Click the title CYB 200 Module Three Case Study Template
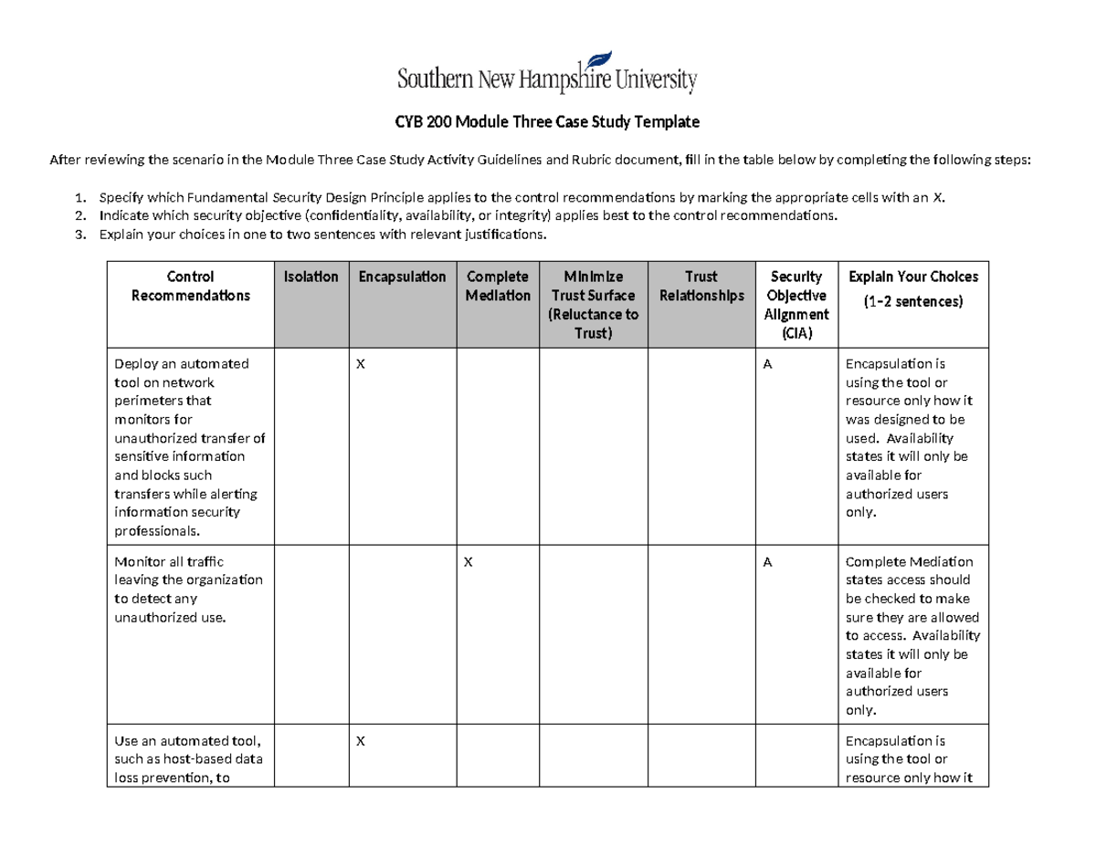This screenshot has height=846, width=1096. tap(547, 121)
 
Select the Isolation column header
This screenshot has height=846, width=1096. tap(311, 277)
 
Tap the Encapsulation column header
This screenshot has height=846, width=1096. tap(402, 277)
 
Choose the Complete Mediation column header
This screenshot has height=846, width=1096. tap(498, 286)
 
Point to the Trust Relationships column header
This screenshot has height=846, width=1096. tap(701, 286)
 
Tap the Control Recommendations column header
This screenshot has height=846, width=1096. tap(191, 286)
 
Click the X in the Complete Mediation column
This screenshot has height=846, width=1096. tap(469, 562)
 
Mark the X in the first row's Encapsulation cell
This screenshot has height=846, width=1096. tap(360, 364)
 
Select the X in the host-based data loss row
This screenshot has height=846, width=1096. tap(360, 741)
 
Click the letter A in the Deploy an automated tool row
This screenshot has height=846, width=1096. tap(768, 364)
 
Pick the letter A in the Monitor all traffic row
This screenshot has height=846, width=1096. tap(768, 562)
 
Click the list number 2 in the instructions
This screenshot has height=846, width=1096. tap(80, 216)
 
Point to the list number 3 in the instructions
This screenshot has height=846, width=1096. tap(80, 235)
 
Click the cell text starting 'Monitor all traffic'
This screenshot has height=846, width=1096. tap(187, 590)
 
